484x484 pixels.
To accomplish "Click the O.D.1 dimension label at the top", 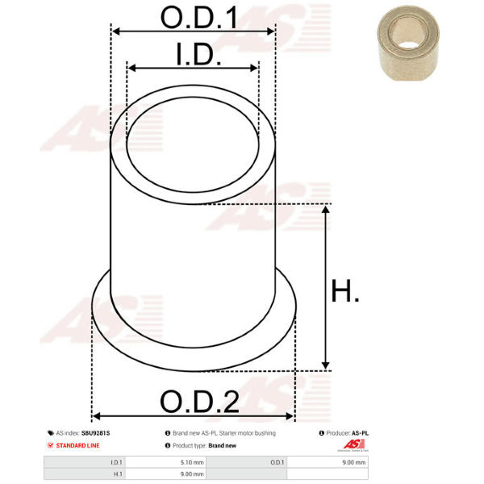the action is coord(199,18).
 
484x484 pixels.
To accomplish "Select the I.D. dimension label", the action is coord(198,54).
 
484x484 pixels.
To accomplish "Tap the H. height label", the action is coord(344,290).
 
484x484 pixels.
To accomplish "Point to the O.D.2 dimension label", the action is coord(200,401).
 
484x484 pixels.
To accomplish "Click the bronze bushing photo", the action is coord(408,44).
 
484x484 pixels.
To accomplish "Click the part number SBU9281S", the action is coord(95,433).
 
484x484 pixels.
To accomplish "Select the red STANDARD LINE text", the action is coord(77,445).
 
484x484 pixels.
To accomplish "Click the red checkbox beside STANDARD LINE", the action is coord(50,445).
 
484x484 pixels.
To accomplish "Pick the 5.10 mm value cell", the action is coord(192,462).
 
